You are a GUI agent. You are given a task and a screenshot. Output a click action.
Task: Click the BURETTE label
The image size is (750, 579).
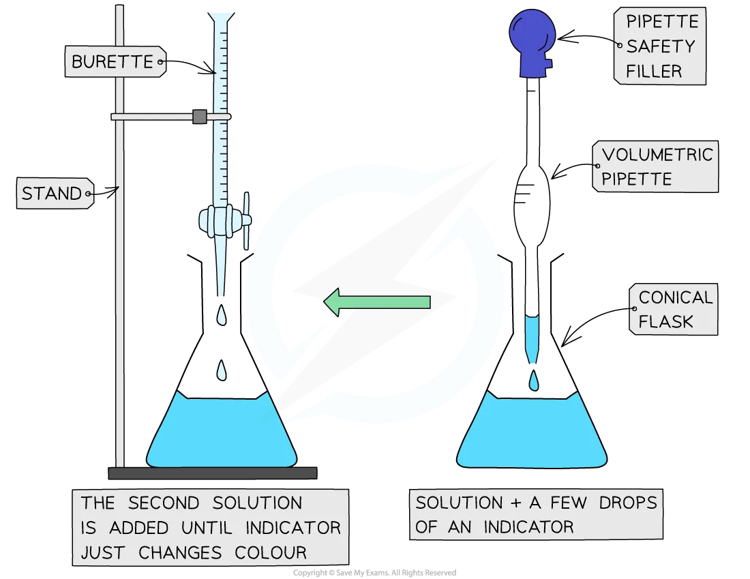click(116, 62)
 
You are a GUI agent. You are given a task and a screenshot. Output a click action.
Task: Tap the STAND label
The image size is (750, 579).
click(55, 193)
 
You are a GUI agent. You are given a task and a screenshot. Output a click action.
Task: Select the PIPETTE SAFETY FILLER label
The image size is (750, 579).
click(660, 46)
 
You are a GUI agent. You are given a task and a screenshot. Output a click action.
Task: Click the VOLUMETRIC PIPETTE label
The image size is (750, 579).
click(655, 166)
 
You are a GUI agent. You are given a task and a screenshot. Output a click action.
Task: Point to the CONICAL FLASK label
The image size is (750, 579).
click(674, 309)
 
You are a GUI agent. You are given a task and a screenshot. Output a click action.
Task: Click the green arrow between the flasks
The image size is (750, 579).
click(377, 302)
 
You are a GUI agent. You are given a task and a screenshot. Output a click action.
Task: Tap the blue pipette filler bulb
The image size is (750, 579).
click(532, 44)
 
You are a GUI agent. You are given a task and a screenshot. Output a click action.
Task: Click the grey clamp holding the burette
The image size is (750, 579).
click(200, 117)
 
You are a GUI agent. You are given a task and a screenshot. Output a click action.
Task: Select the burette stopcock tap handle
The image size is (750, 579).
click(246, 220)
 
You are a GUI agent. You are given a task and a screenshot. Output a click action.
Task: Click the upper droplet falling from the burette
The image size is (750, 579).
click(222, 315)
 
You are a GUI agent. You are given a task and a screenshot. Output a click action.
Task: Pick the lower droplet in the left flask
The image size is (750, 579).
click(222, 370)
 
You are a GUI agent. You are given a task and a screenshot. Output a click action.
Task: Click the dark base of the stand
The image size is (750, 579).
click(213, 473)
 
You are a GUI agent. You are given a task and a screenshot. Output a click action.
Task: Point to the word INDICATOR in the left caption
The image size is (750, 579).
click(292, 528)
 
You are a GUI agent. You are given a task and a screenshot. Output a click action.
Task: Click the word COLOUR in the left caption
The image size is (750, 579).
click(270, 552)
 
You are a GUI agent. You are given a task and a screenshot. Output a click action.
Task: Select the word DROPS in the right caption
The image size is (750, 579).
click(628, 503)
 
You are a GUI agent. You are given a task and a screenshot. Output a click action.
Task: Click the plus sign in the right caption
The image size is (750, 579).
click(515, 503)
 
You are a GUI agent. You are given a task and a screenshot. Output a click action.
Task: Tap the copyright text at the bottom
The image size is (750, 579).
click(374, 573)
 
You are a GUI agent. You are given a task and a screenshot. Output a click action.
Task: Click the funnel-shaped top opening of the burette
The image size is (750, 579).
click(221, 18)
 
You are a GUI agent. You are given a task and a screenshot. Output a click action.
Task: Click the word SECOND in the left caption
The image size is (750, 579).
click(164, 503)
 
